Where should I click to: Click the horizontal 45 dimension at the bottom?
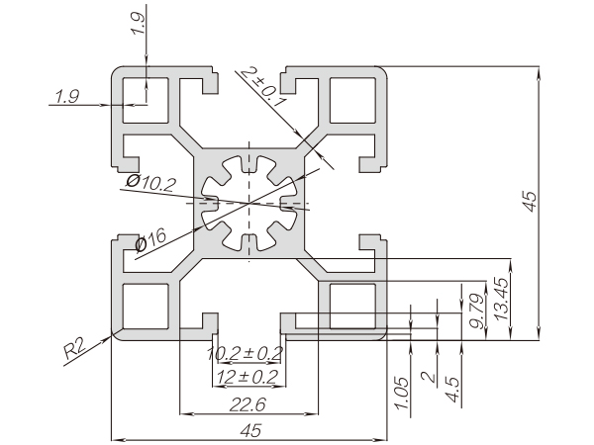[249, 428]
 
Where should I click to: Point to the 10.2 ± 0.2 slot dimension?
[245, 353]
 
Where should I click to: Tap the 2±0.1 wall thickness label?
[259, 87]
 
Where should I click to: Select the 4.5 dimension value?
[452, 386]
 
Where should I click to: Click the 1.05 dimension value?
[401, 389]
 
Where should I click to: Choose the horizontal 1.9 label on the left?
[68, 96]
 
